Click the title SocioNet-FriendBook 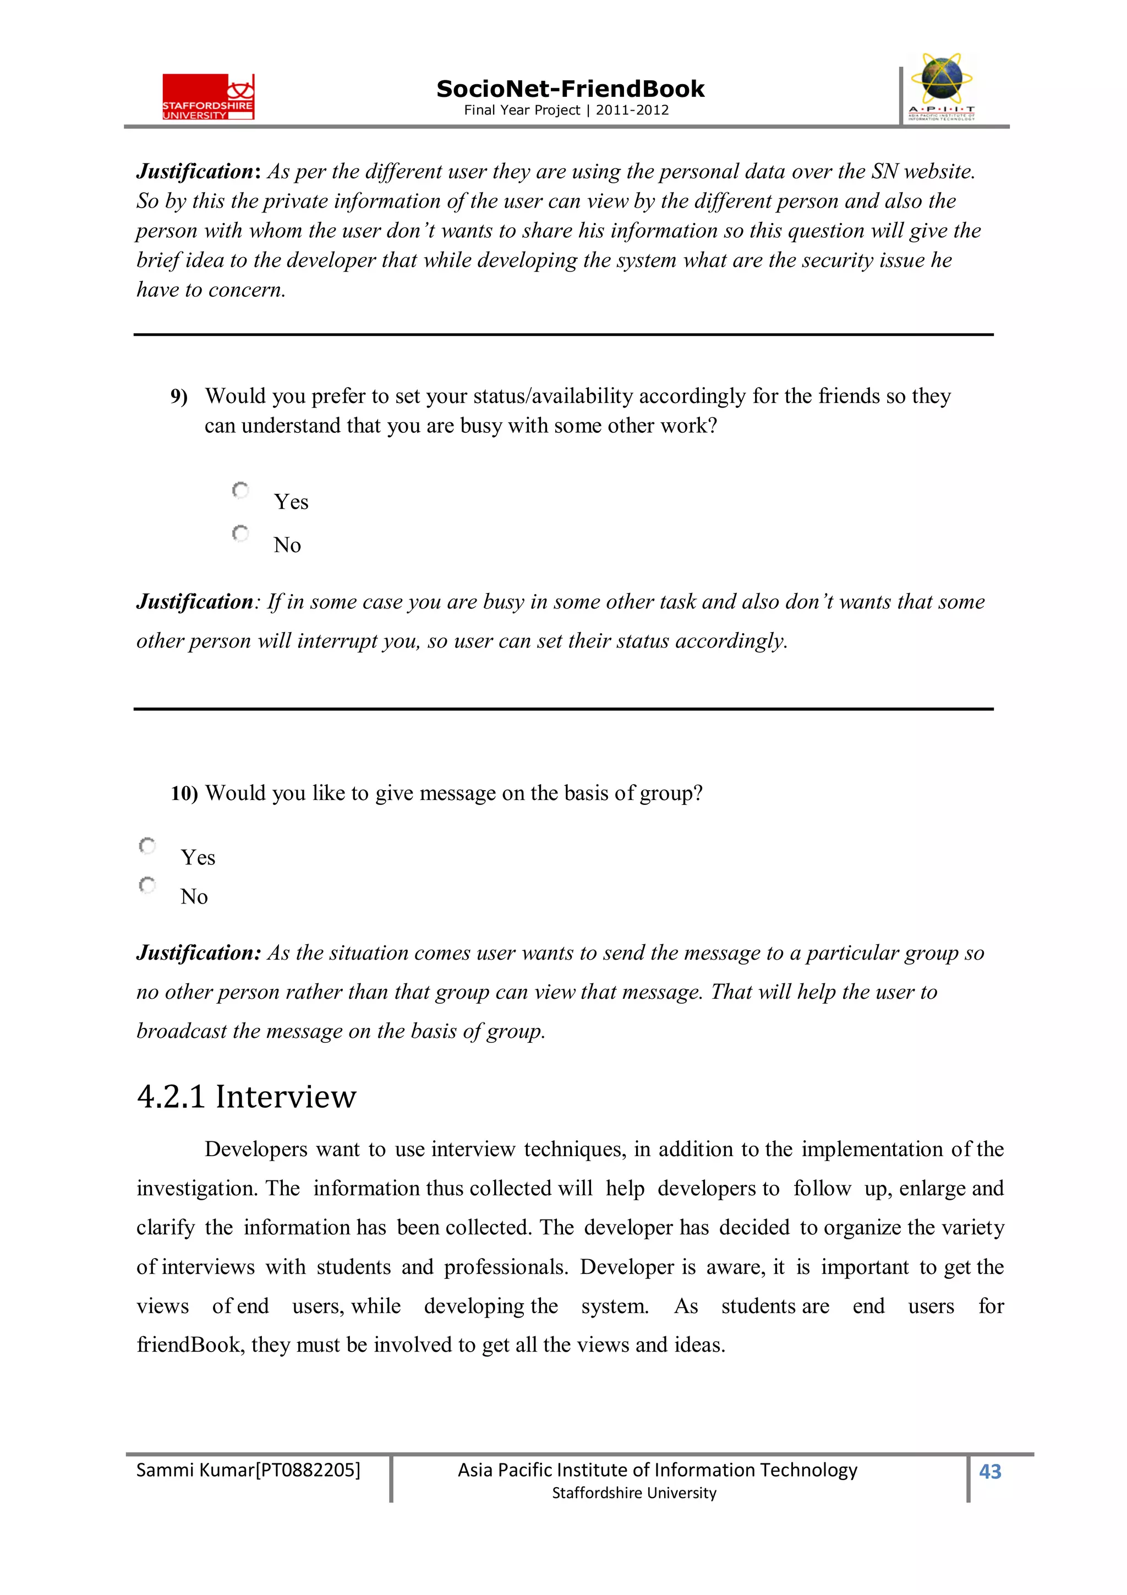[x=570, y=89]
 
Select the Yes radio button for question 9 [x=240, y=491]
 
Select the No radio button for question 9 [x=240, y=534]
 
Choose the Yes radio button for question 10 [x=147, y=846]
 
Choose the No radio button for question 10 [x=147, y=885]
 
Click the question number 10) [x=184, y=793]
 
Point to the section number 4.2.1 [x=171, y=1097]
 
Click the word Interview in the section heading [x=286, y=1097]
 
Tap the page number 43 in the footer [x=989, y=1471]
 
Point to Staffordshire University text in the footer [x=633, y=1493]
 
